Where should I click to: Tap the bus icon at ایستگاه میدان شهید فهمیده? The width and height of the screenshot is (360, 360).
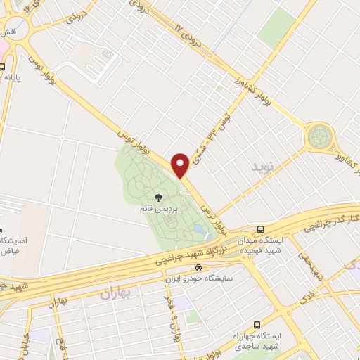(261, 229)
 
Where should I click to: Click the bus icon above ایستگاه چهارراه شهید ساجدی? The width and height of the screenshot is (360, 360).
(257, 324)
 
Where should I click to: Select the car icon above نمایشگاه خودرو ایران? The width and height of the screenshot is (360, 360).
(200, 267)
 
